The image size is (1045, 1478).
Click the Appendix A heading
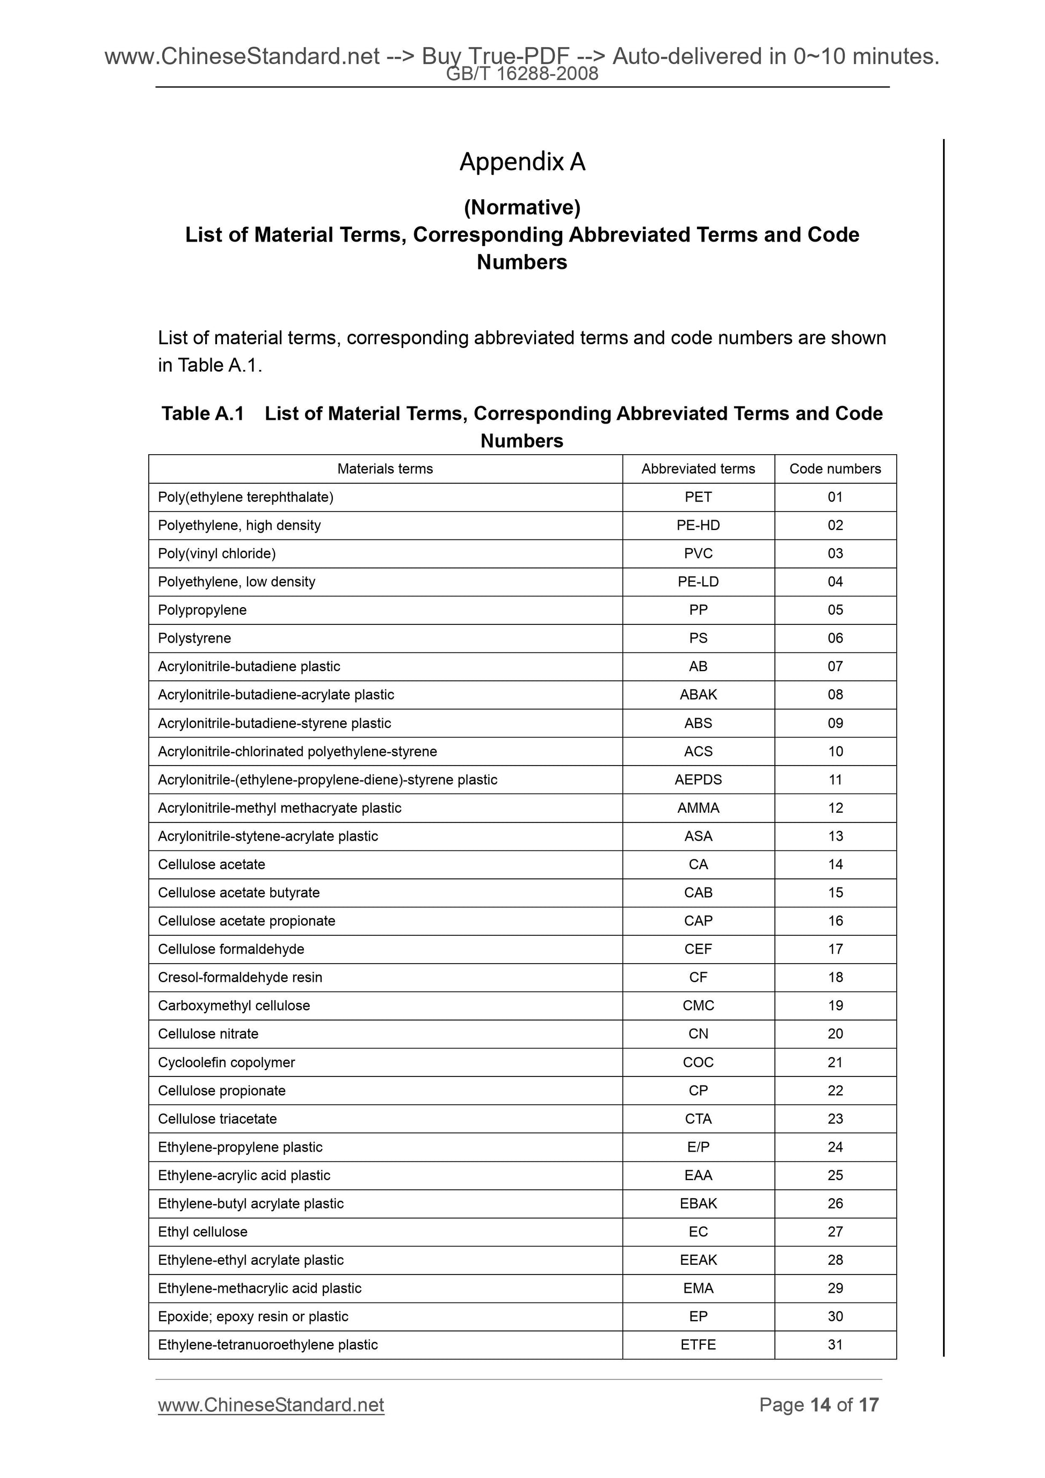point(522,162)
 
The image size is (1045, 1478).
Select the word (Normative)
point(522,207)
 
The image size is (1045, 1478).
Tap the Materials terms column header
point(385,469)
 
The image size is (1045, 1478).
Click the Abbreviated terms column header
point(698,469)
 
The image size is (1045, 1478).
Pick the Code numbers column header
point(835,469)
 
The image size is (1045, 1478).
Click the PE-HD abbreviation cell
point(698,525)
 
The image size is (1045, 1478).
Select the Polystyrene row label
point(194,638)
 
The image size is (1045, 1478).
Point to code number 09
point(835,723)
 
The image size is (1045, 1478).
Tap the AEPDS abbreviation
point(698,780)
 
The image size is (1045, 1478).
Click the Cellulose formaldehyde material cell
point(231,949)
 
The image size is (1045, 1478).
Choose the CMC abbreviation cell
point(698,1006)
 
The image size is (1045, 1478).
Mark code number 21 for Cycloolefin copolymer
point(835,1062)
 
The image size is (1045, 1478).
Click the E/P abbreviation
point(698,1147)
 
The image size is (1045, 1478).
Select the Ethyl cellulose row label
point(203,1232)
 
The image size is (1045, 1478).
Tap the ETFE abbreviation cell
point(698,1345)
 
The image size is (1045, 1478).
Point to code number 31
point(835,1345)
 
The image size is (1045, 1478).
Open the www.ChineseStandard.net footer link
point(271,1404)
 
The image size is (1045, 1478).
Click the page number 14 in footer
point(821,1404)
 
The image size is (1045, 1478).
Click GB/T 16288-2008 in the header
point(522,74)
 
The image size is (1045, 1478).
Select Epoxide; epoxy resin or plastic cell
point(253,1316)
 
